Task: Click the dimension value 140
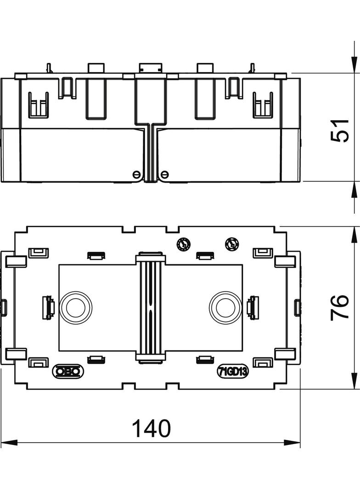151,428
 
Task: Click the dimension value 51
341,130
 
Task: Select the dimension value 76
341,308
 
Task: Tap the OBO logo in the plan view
68,371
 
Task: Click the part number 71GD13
233,372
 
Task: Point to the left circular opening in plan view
75,307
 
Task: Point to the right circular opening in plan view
225,307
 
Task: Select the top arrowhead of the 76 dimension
354,234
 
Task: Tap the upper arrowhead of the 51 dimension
354,64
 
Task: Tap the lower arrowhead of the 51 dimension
354,190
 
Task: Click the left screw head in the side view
136,174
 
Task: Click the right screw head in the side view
164,174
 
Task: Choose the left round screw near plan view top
183,244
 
